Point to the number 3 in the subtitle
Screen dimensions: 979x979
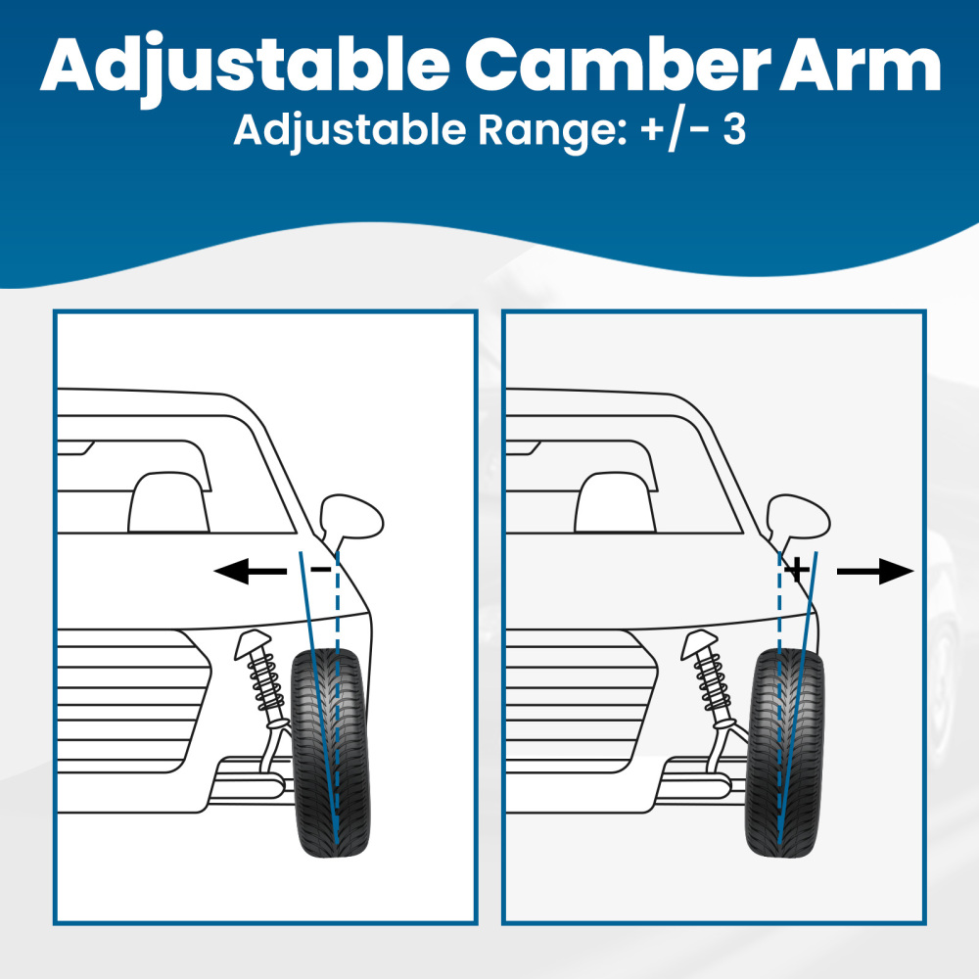[734, 129]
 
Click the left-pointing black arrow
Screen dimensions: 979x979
[249, 572]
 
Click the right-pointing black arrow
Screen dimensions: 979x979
[874, 572]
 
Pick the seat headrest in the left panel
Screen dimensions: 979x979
[168, 501]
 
